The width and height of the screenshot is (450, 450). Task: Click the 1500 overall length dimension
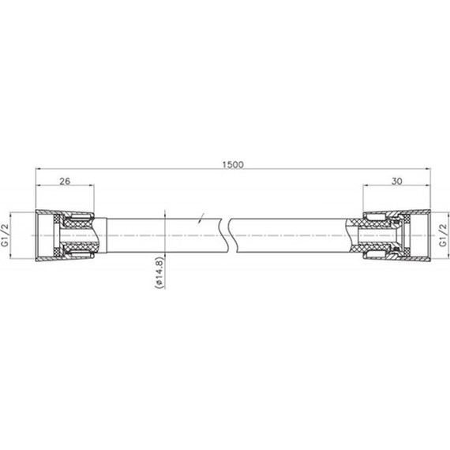coord(233,164)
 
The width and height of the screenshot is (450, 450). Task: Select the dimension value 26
coord(66,182)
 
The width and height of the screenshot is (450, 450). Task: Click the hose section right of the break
coord(292,235)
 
